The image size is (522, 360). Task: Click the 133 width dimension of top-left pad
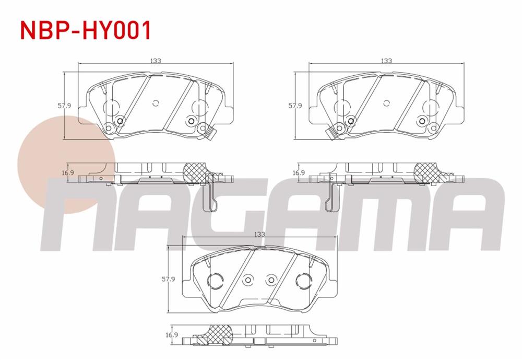(x=156, y=61)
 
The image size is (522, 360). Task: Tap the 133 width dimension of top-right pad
(x=386, y=61)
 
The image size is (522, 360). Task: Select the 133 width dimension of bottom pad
(x=259, y=234)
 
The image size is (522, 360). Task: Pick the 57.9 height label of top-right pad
(x=295, y=106)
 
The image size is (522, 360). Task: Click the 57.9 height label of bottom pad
(x=168, y=280)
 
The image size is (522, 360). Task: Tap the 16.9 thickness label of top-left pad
(x=68, y=172)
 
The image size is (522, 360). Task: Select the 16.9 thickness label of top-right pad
(x=299, y=172)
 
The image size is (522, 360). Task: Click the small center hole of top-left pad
(x=156, y=103)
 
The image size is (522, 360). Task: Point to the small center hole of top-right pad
(x=387, y=103)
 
